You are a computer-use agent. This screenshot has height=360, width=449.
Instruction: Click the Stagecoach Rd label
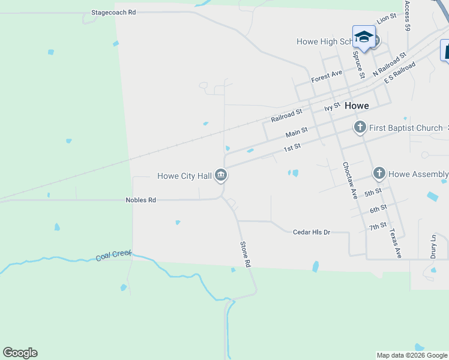pyautogui.click(x=113, y=12)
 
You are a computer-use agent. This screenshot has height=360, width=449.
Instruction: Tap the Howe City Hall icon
pyautogui.click(x=221, y=175)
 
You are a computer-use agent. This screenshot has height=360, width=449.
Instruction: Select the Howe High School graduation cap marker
pyautogui.click(x=364, y=38)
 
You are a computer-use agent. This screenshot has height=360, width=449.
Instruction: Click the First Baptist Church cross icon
pyautogui.click(x=360, y=127)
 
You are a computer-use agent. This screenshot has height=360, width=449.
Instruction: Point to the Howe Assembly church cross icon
pyautogui.click(x=379, y=174)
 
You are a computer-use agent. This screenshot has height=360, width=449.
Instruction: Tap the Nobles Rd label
pyautogui.click(x=140, y=200)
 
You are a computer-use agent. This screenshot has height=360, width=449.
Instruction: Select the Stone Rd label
pyautogui.click(x=244, y=254)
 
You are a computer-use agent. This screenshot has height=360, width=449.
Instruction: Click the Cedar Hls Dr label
pyautogui.click(x=312, y=232)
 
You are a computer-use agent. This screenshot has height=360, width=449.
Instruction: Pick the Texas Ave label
pyautogui.click(x=394, y=243)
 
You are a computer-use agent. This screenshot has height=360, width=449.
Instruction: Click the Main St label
pyautogui.click(x=297, y=131)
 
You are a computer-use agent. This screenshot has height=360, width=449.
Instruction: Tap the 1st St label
pyautogui.click(x=292, y=147)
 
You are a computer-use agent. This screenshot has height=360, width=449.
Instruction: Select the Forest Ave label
pyautogui.click(x=327, y=76)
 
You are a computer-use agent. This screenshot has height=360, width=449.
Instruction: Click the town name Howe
pyautogui.click(x=357, y=105)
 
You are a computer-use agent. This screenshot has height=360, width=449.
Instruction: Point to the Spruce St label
pyautogui.click(x=358, y=65)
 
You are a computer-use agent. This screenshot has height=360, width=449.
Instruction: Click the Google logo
pyautogui.click(x=20, y=353)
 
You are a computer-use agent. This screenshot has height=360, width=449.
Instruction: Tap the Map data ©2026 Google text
pyautogui.click(x=412, y=355)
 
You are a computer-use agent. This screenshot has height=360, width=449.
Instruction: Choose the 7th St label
pyautogui.click(x=378, y=226)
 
